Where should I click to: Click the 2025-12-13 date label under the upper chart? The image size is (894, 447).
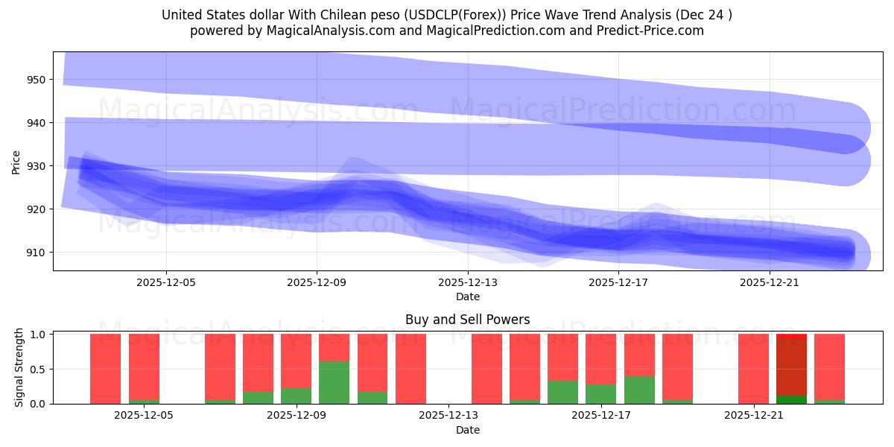pos(467,282)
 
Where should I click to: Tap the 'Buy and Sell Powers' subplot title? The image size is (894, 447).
pos(467,320)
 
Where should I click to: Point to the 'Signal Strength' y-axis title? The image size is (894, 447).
pos(20,368)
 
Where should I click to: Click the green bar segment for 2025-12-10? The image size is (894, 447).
pos(334,382)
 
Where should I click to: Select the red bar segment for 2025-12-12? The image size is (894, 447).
pos(410,369)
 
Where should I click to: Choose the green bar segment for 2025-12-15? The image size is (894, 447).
pos(524,402)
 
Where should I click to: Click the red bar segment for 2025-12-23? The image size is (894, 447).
pos(829,365)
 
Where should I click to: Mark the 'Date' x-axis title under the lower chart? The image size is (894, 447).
pos(467,430)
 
